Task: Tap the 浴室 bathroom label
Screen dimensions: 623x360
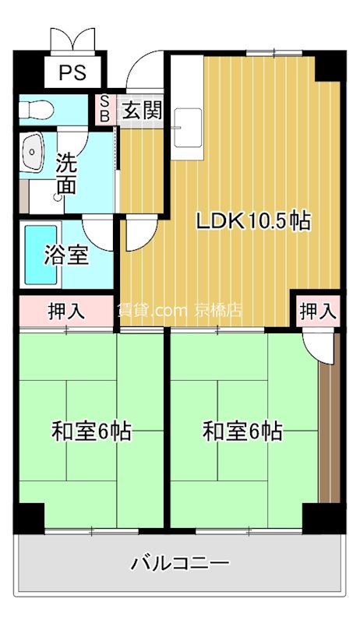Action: (66, 255)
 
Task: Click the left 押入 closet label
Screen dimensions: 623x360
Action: (66, 311)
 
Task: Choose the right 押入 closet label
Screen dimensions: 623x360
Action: (317, 311)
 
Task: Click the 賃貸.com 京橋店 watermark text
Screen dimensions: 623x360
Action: (179, 310)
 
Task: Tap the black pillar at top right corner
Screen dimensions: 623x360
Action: (330, 65)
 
